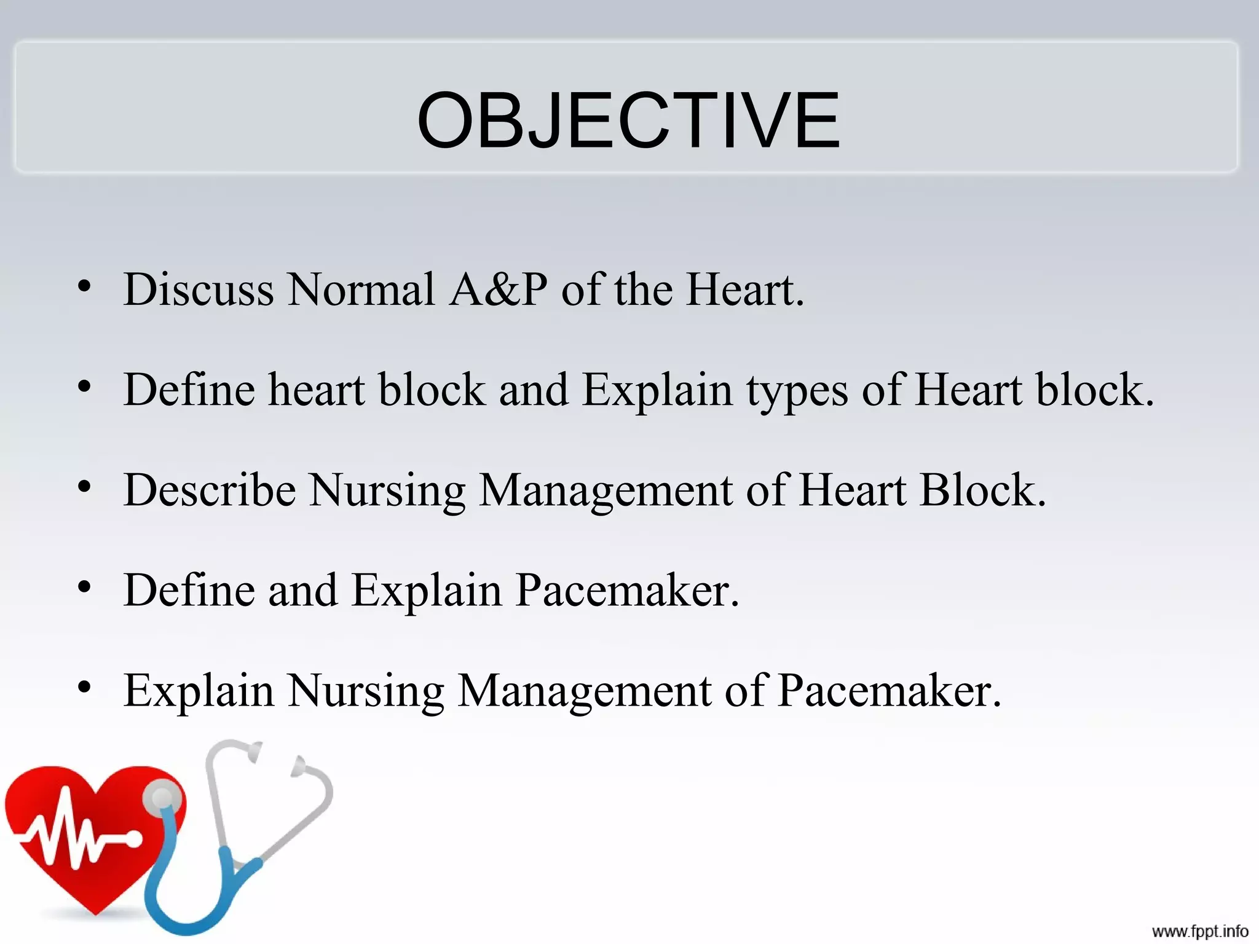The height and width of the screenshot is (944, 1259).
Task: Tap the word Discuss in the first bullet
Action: point(198,289)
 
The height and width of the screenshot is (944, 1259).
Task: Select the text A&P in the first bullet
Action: point(498,289)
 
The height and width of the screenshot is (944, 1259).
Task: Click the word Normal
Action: point(361,289)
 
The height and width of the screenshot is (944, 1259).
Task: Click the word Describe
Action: point(209,490)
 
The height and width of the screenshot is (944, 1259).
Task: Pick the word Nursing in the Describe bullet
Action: point(387,492)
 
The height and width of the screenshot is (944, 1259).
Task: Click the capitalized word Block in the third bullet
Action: point(982,490)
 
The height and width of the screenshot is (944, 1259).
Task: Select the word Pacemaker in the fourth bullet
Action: point(626,591)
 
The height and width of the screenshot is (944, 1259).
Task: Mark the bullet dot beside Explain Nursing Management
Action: point(85,687)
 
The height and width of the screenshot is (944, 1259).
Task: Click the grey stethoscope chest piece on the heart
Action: point(162,798)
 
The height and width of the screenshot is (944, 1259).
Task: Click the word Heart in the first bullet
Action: point(744,289)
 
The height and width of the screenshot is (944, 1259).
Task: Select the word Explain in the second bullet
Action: point(657,391)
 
